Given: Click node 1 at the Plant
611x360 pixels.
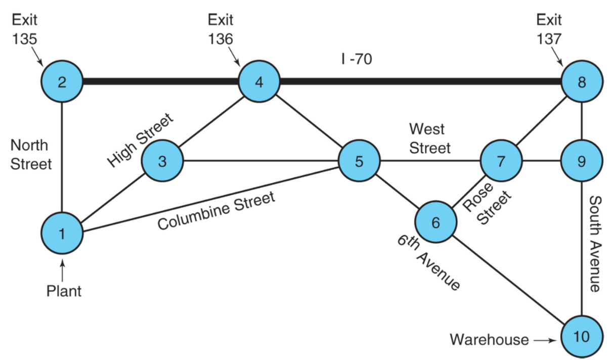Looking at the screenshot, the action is (62, 233).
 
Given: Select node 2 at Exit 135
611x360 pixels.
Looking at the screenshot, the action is (62, 81).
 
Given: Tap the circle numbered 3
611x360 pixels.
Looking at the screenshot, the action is (162, 161).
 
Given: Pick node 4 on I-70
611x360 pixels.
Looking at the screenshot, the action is (259, 81).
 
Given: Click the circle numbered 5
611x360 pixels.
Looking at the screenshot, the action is (359, 161).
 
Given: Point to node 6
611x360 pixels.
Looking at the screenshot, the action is (435, 222).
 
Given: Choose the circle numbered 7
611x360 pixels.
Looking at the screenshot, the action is (501, 161).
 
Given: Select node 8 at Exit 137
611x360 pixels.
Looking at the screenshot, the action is (582, 81).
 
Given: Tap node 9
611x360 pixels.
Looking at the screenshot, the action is (582, 161).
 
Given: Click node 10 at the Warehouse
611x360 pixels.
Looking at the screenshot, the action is (582, 337).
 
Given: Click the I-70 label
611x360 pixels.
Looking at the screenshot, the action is (357, 59).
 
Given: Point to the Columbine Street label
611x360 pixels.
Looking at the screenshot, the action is (216, 210).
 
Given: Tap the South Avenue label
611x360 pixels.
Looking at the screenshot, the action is (595, 244).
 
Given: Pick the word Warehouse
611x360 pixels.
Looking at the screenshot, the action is (489, 340).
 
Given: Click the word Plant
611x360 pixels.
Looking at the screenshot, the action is (64, 291).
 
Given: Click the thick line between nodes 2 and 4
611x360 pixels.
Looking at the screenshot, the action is (161, 81).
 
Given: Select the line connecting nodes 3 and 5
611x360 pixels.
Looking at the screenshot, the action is (261, 161).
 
